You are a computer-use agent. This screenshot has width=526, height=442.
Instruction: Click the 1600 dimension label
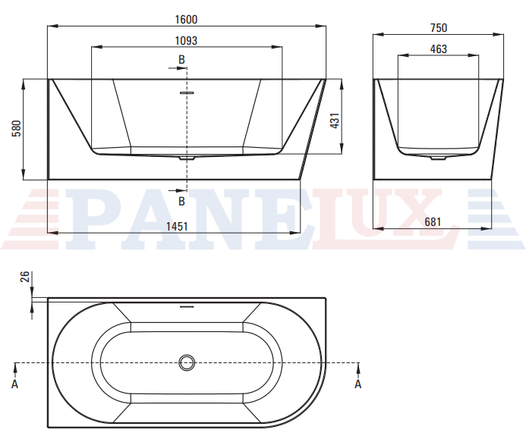(186, 20)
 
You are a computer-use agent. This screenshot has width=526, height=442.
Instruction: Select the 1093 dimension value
(186, 40)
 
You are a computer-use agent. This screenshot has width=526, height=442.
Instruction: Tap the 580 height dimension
(16, 129)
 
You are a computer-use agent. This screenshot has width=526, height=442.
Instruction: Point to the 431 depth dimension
(335, 121)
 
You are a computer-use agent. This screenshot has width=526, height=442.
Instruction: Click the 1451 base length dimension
(177, 227)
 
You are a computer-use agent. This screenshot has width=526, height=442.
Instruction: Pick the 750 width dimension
(439, 27)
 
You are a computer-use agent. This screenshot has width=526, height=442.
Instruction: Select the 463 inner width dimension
(439, 49)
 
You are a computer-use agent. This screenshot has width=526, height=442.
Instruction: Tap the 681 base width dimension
(433, 222)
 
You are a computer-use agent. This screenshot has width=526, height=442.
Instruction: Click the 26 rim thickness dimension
(25, 277)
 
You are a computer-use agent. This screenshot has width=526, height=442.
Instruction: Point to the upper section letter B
(181, 60)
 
